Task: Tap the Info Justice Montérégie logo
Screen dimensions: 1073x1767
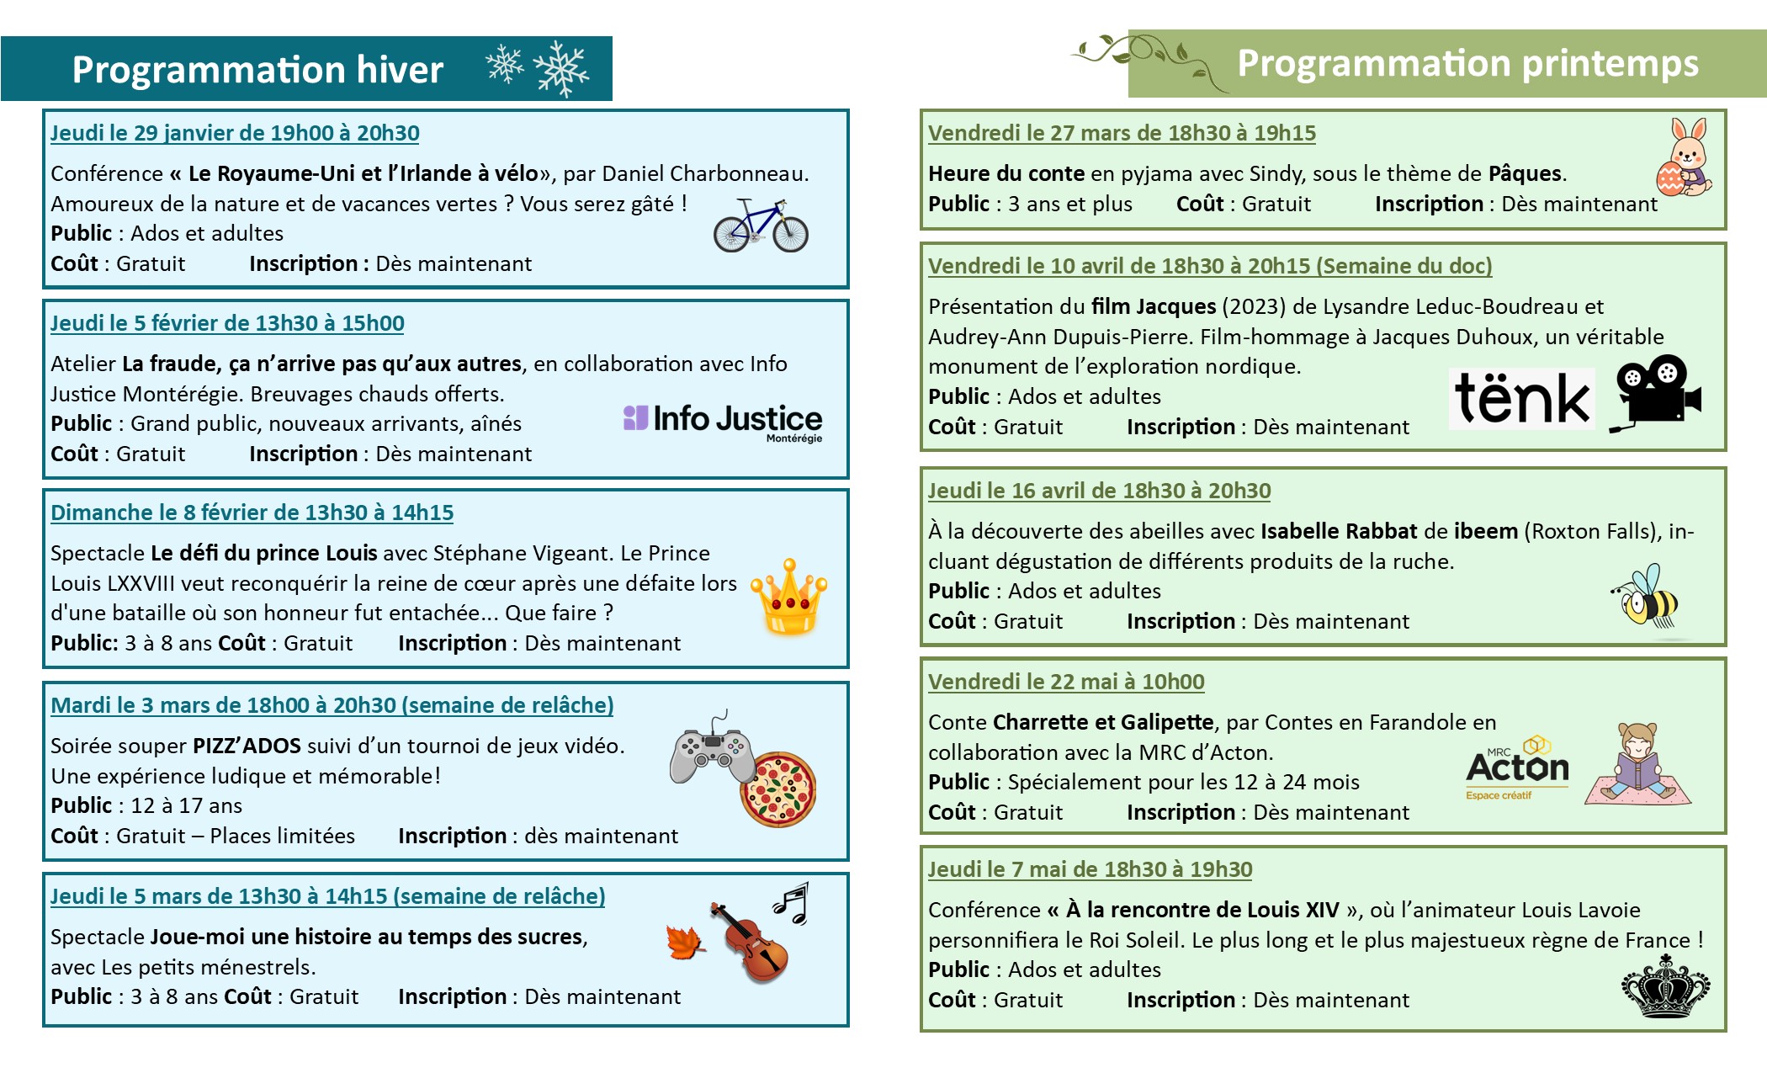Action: (x=723, y=421)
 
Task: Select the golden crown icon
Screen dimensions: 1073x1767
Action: (x=789, y=597)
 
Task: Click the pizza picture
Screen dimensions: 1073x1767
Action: (x=778, y=789)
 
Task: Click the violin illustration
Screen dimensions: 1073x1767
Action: (x=750, y=943)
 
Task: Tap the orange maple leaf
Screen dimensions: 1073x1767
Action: (x=685, y=943)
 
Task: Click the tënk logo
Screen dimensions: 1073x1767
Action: (x=1522, y=399)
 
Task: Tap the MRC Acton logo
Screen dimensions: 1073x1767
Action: (x=1517, y=768)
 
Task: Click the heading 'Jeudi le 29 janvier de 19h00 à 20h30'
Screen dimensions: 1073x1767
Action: (x=235, y=133)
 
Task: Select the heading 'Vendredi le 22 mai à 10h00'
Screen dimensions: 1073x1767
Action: (x=1066, y=682)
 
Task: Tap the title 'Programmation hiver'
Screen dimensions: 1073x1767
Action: (x=257, y=69)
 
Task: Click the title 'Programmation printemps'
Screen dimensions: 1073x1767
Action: (x=1467, y=64)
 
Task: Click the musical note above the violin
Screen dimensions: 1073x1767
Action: (x=792, y=902)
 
